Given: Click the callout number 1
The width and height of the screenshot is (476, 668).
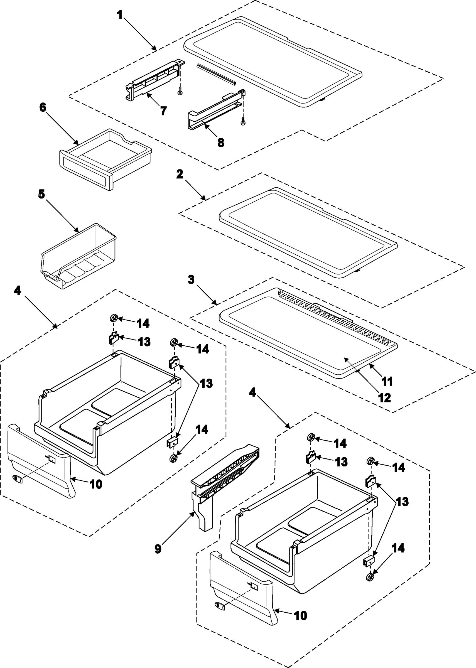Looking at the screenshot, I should click(x=120, y=15).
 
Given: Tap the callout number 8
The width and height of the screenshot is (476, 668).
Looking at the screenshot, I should click(x=221, y=143).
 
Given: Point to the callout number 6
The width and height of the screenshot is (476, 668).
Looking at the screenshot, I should click(x=43, y=107).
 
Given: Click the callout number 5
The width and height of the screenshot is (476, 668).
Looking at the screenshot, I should click(x=42, y=194).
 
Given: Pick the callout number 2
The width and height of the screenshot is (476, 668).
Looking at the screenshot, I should click(x=180, y=174).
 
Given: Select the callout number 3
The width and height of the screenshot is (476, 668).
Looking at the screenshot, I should click(x=191, y=279).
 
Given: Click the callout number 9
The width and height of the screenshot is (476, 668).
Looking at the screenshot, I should click(x=158, y=549).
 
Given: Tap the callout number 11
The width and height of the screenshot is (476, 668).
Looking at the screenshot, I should click(x=387, y=382).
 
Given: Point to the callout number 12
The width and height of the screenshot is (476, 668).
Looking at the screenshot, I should click(x=384, y=398).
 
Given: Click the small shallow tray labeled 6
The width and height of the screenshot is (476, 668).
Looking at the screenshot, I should click(x=105, y=160).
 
